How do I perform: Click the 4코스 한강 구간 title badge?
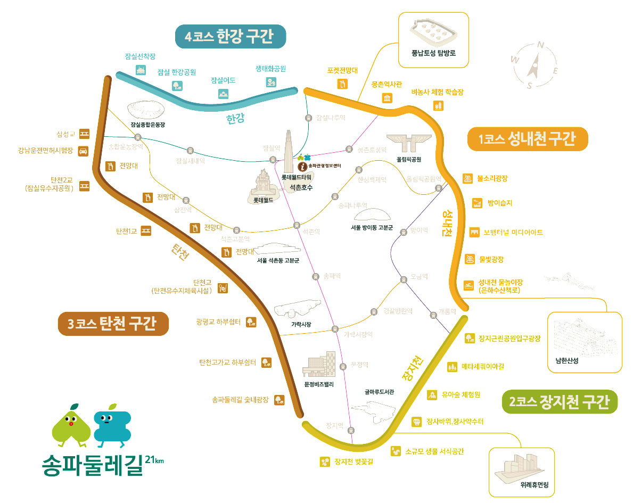coord(231,37)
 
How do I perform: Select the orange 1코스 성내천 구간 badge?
coord(527,139)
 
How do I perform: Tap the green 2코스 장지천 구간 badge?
coord(560,402)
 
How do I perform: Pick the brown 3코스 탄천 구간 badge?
coord(113,324)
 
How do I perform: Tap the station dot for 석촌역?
coord(297,225)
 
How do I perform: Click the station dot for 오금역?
coord(403,279)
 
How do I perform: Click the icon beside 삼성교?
coord(84,134)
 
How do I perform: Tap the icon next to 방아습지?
coord(477,203)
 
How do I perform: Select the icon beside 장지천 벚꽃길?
coord(324,461)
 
